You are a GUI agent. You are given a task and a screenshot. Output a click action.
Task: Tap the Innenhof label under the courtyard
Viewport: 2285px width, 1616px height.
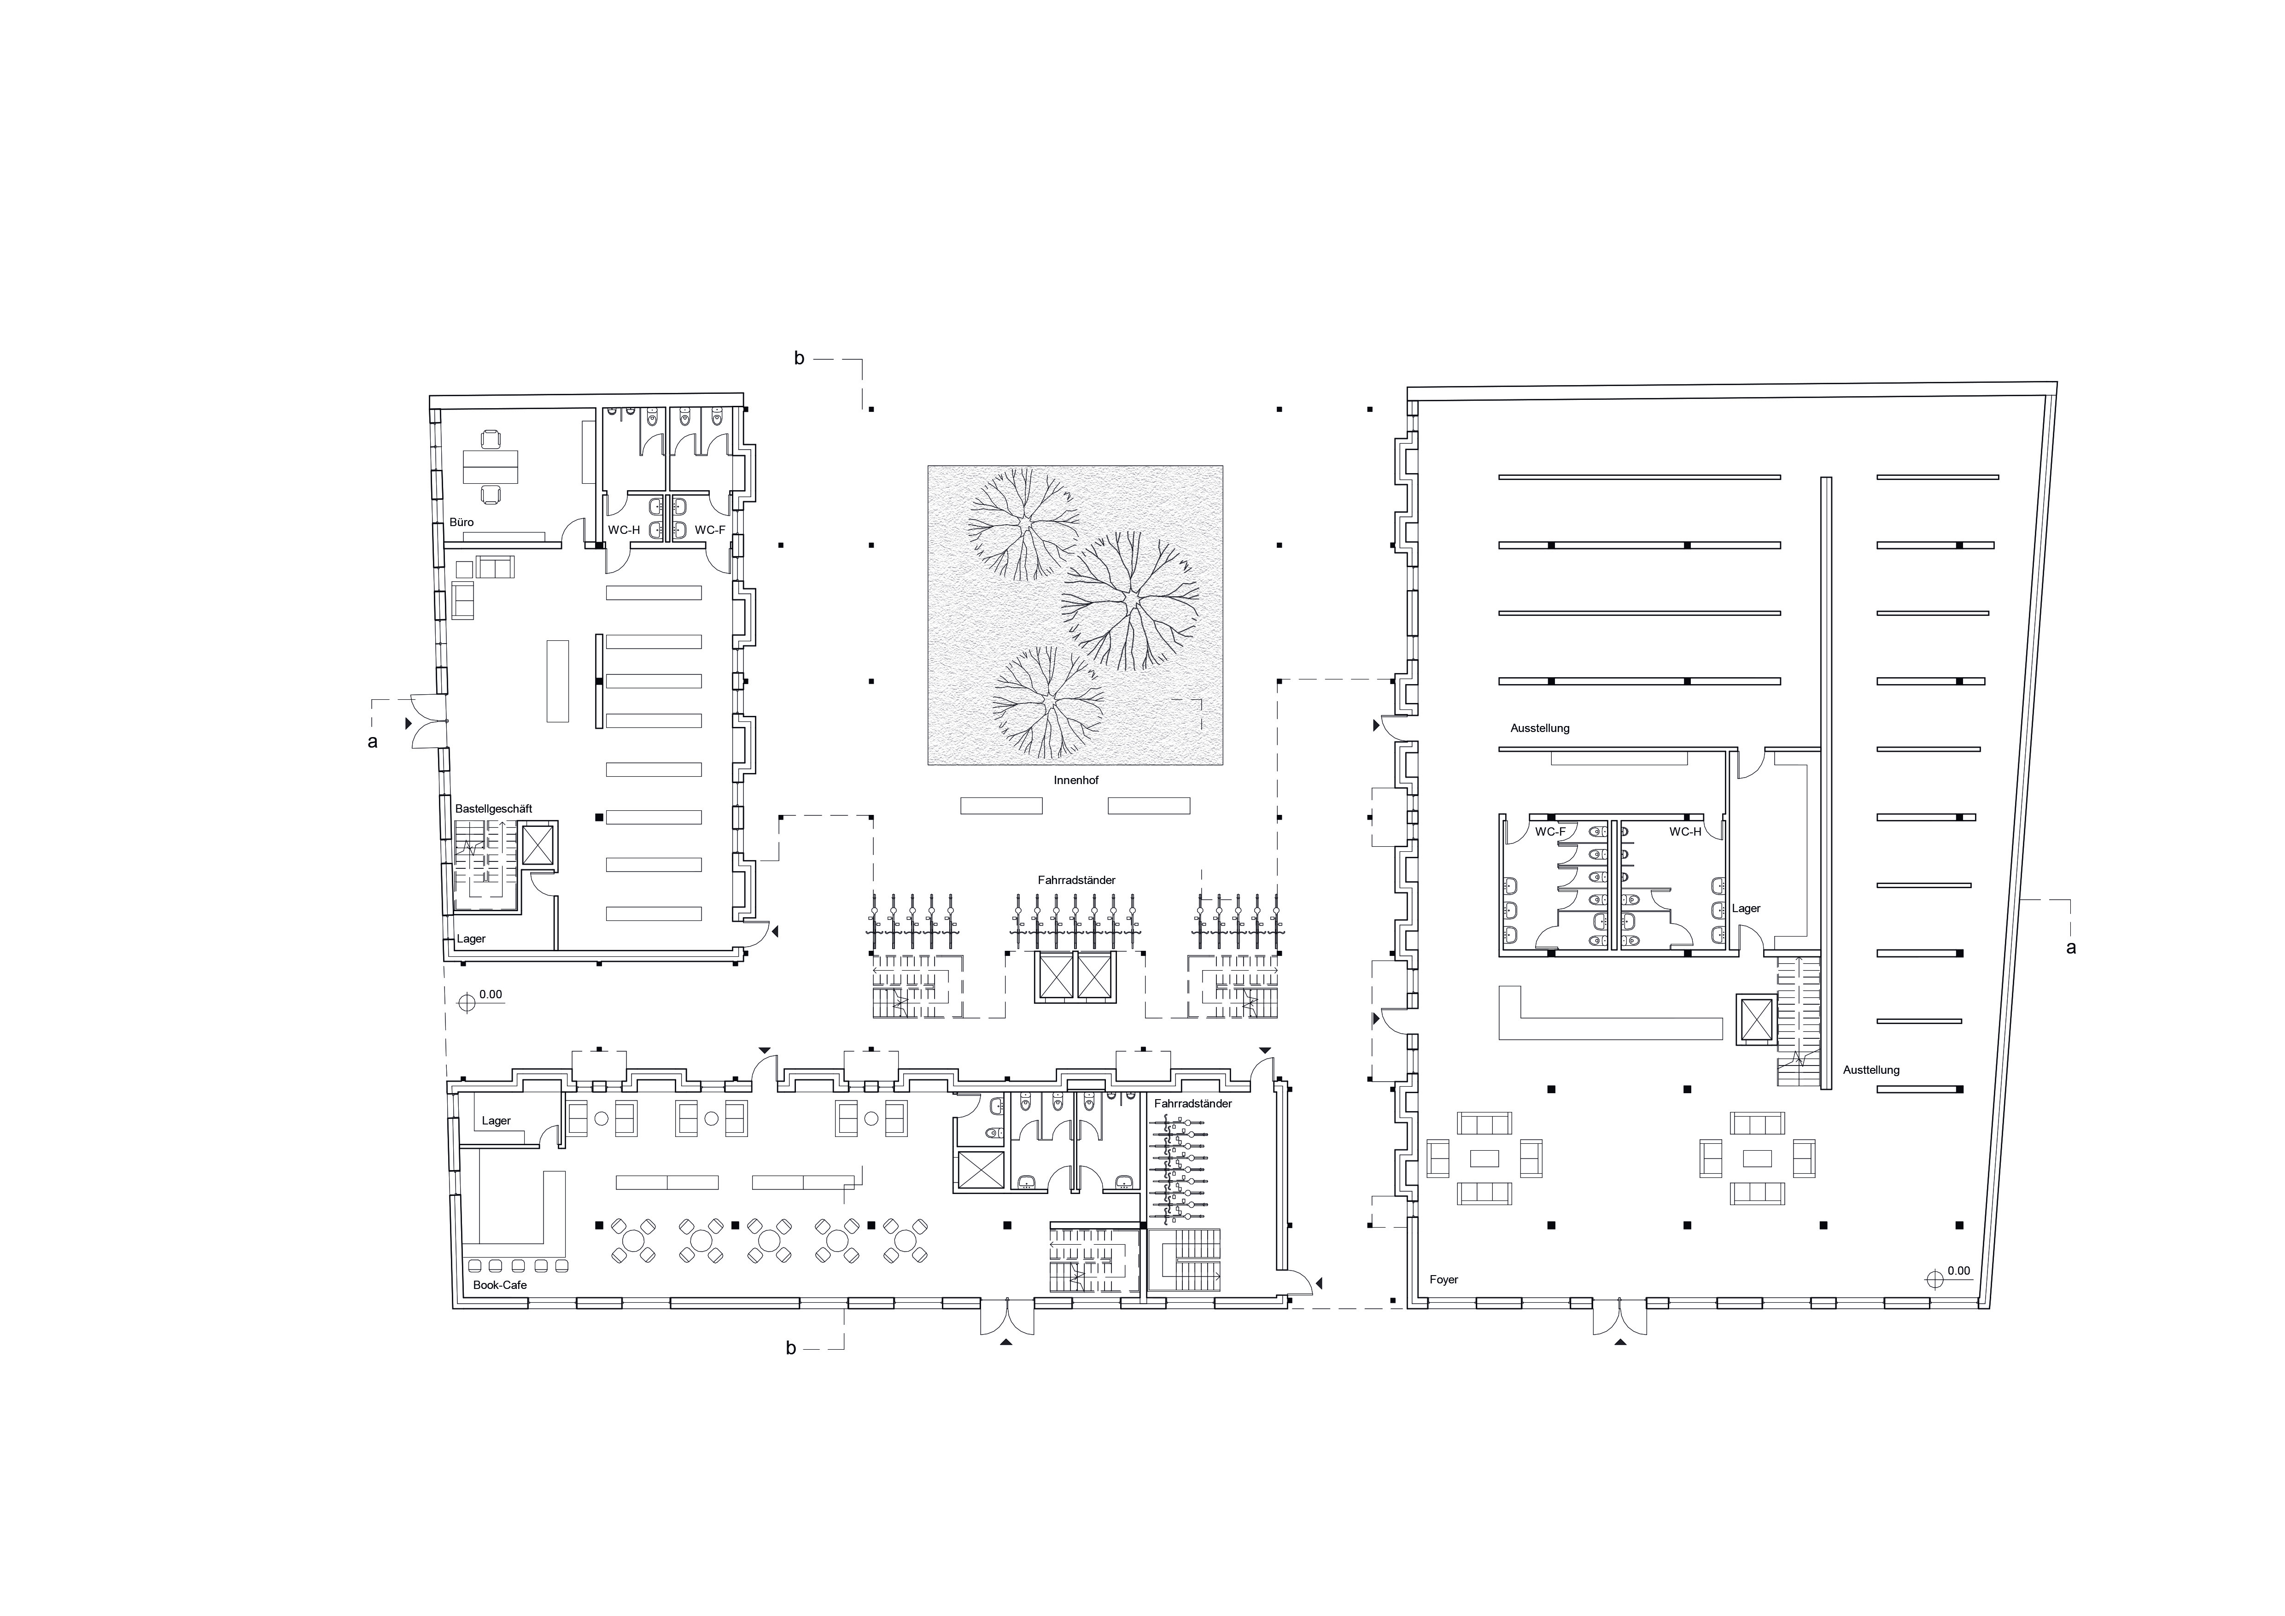coord(1076,780)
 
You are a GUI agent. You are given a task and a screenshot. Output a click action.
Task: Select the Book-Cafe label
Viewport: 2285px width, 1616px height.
coord(500,1285)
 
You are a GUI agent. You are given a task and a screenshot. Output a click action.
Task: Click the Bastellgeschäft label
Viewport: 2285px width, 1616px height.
coord(494,809)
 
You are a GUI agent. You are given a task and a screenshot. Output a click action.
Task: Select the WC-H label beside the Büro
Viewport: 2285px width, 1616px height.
coord(624,530)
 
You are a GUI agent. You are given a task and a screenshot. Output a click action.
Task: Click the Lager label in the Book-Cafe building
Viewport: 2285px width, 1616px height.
coord(496,1120)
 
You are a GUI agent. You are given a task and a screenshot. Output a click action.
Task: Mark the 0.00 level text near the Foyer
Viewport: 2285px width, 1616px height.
coord(1958,1271)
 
